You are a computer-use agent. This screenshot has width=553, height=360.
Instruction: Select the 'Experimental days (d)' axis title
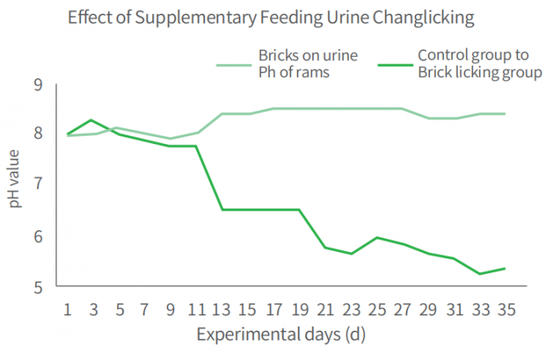[x=285, y=335]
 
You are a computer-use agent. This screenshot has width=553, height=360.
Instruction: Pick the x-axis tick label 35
[x=504, y=309]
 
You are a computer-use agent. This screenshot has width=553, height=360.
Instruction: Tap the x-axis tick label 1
[x=68, y=309]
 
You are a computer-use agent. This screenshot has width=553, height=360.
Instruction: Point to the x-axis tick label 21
[x=325, y=309]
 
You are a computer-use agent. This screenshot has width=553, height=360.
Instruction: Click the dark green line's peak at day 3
[x=94, y=120]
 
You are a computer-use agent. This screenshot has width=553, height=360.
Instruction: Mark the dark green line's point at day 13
[x=223, y=210]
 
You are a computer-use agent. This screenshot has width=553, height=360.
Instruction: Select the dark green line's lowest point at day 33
[x=479, y=274]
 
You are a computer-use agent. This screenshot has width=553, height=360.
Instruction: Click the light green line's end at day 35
[x=504, y=114]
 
